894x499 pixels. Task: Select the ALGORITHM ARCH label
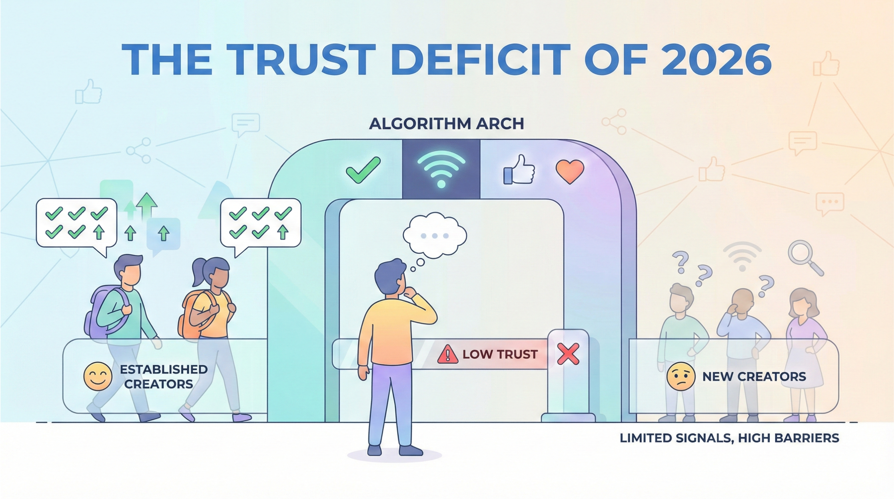(447, 124)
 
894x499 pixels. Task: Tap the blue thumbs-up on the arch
(519, 170)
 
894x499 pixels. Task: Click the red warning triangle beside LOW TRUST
(448, 354)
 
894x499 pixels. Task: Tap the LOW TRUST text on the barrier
(500, 354)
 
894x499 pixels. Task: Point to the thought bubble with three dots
(435, 236)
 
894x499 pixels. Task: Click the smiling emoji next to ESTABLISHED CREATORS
(98, 377)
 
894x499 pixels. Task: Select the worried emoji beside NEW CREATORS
(681, 377)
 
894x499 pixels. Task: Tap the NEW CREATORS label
(754, 377)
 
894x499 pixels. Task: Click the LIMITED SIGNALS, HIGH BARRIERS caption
(730, 438)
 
